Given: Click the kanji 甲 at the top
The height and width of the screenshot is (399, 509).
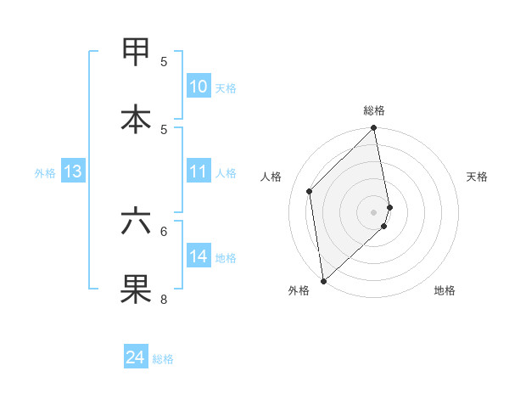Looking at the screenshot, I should pyautogui.click(x=136, y=53).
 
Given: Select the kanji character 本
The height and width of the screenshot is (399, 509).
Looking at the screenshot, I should pyautogui.click(x=136, y=120).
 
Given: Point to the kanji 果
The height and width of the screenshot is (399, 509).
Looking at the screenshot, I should pyautogui.click(x=136, y=289).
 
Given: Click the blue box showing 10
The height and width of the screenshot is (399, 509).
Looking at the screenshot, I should pyautogui.click(x=199, y=87).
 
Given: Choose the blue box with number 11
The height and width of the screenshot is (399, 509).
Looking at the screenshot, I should pyautogui.click(x=199, y=171).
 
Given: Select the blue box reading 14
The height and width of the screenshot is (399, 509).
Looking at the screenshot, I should pyautogui.click(x=199, y=256).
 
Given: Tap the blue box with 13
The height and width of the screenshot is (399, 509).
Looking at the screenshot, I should pyautogui.click(x=73, y=171).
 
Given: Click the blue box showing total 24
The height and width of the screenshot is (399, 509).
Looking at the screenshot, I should pyautogui.click(x=136, y=357).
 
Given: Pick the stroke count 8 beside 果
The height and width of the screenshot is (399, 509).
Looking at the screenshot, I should pyautogui.click(x=164, y=299).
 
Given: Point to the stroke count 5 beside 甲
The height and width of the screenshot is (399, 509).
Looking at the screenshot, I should pyautogui.click(x=164, y=62).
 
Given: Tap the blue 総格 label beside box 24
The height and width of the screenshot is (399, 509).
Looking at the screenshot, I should pyautogui.click(x=163, y=359).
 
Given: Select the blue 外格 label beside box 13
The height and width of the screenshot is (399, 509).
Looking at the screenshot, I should pyautogui.click(x=45, y=173).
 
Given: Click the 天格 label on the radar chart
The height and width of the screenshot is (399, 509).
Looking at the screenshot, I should pyautogui.click(x=478, y=177).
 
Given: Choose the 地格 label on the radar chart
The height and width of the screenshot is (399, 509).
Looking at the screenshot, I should pyautogui.click(x=445, y=290).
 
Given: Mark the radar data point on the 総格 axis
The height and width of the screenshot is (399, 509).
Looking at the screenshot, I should pyautogui.click(x=374, y=129).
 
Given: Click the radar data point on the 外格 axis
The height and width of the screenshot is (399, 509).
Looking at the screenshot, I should pyautogui.click(x=323, y=280).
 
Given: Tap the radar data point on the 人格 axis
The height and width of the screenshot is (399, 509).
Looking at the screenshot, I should pyautogui.click(x=310, y=191).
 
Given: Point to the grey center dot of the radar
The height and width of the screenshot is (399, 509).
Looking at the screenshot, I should pyautogui.click(x=374, y=211).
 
